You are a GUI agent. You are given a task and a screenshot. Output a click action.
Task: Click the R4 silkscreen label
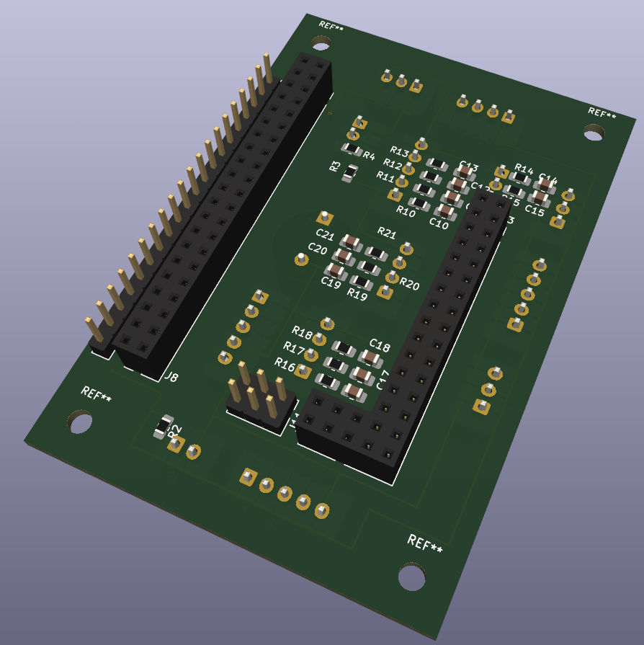pyautogui.click(x=369, y=156)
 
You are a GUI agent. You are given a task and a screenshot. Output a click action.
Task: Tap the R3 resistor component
pyautogui.click(x=350, y=173)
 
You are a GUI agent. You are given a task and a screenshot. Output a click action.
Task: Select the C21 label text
pyautogui.click(x=325, y=235)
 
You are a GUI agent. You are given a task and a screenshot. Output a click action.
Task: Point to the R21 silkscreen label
pyautogui.click(x=387, y=233)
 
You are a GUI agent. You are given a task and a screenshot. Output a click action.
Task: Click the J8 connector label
pyautogui.click(x=171, y=376)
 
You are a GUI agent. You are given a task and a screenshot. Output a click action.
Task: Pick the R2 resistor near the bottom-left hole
pyautogui.click(x=164, y=427)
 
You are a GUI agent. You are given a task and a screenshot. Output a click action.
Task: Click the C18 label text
pyautogui.click(x=380, y=344)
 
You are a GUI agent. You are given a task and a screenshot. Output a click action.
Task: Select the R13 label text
pyautogui.click(x=399, y=151)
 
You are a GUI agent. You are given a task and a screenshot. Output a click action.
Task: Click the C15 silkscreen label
pyautogui.click(x=534, y=210)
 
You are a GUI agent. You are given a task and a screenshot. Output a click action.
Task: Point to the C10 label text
pyautogui.click(x=438, y=225)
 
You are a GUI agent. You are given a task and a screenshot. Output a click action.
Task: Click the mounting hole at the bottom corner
pyautogui.click(x=411, y=577)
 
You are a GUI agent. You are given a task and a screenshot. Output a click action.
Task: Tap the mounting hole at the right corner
pyautogui.click(x=594, y=133)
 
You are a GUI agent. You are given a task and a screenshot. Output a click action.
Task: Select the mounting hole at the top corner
pyautogui.click(x=321, y=43)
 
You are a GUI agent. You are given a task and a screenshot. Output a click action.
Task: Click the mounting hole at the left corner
pyautogui.click(x=80, y=422)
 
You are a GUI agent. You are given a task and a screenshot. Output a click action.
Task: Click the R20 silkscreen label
pyautogui.click(x=409, y=284)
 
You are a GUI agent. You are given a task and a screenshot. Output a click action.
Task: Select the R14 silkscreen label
pyautogui.click(x=524, y=169)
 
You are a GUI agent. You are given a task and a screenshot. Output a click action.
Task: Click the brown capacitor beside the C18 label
pyautogui.click(x=370, y=357)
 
